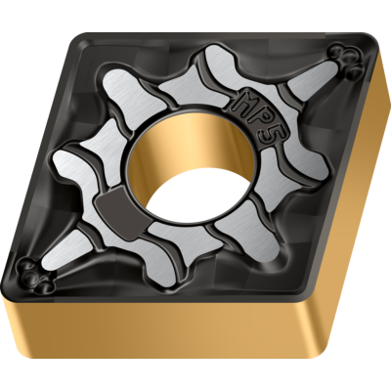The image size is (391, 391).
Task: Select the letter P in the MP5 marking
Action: click(264, 116)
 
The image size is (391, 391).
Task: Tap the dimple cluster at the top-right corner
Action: click(346, 62)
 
